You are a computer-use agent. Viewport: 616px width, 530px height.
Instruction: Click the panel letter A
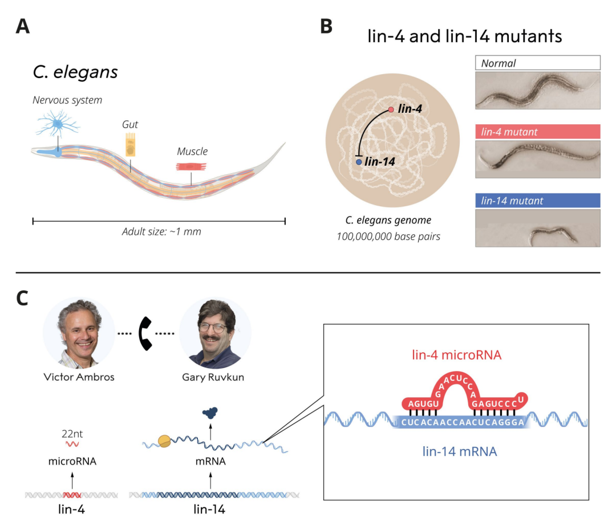tap(23, 27)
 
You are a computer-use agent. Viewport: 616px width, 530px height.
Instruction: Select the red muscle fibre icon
tap(191, 167)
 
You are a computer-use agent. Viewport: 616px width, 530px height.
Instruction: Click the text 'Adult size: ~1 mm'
tap(161, 232)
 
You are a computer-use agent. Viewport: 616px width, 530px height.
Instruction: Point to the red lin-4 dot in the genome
tap(391, 109)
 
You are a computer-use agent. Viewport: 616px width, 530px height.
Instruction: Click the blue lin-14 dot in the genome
tap(359, 162)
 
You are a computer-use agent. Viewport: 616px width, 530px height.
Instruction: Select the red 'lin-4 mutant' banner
tap(537, 132)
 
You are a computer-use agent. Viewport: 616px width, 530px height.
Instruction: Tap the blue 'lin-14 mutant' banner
tap(537, 200)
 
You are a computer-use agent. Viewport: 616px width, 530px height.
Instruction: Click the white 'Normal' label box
tap(537, 63)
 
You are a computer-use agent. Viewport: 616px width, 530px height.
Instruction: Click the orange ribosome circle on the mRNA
tap(164, 441)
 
